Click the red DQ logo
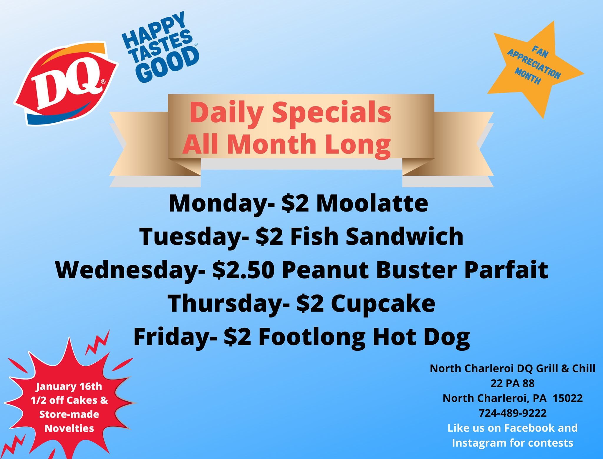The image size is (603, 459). click(65, 83)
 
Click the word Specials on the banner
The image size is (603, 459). click(332, 113)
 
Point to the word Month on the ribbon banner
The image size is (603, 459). click(271, 144)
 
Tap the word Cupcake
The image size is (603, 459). click(383, 304)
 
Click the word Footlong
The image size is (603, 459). click(312, 337)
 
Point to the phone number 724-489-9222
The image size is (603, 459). click(513, 413)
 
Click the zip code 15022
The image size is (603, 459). click(567, 398)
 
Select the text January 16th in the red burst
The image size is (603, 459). click(69, 387)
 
